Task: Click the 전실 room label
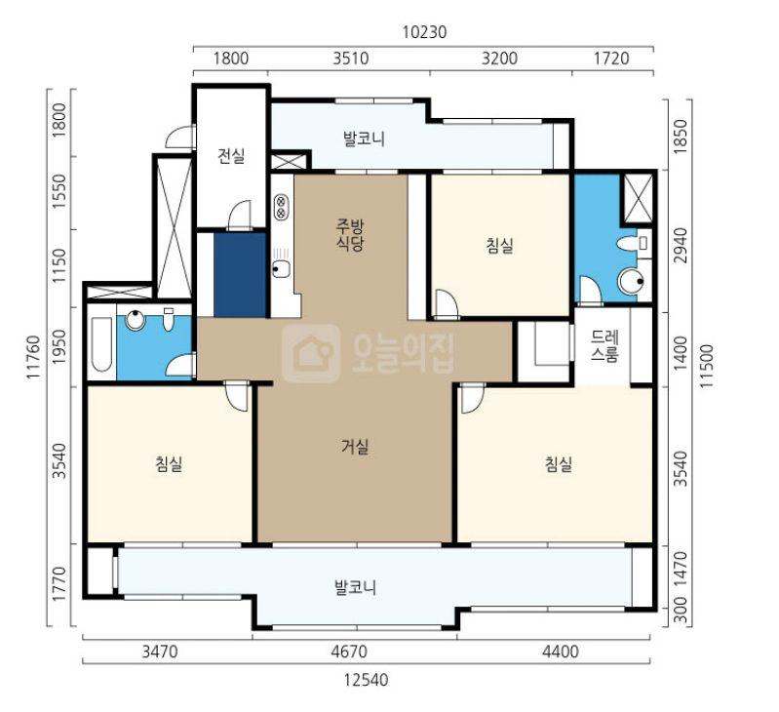click(231, 156)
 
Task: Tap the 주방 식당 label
click(350, 235)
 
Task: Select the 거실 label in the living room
click(355, 447)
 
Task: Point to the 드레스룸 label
click(604, 346)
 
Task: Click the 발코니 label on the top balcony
click(365, 138)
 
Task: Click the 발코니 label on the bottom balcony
click(356, 588)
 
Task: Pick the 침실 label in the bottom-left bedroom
click(169, 464)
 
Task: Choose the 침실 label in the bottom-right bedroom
click(559, 464)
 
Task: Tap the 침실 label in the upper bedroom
click(500, 245)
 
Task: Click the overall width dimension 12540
click(367, 680)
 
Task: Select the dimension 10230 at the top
click(424, 32)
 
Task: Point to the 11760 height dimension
click(33, 357)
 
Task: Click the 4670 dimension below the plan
click(349, 651)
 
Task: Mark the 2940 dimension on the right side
click(682, 246)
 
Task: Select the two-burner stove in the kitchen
click(281, 207)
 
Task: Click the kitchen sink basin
click(282, 269)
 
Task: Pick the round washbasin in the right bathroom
click(632, 281)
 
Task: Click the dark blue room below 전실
click(241, 275)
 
